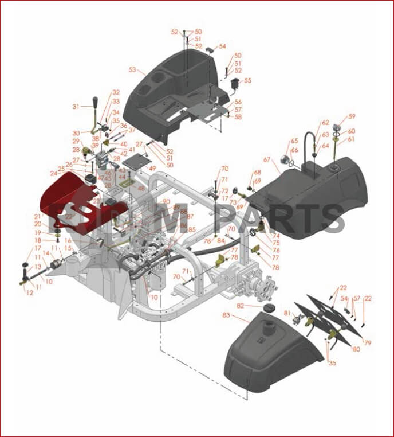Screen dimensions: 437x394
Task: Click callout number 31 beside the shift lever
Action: [76, 107]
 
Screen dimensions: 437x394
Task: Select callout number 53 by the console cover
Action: [132, 70]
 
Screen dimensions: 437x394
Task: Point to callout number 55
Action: [247, 81]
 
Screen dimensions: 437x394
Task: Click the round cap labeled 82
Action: [267, 310]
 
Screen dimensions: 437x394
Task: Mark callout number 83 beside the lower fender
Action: [226, 315]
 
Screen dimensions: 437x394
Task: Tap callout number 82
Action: [241, 306]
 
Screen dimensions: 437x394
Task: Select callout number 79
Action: [368, 343]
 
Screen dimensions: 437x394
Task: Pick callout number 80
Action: [356, 349]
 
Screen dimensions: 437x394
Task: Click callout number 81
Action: [287, 313]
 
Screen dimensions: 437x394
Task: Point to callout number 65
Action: [294, 141]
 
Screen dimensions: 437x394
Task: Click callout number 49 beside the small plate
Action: [152, 169]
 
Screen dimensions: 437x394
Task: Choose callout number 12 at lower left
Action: [30, 292]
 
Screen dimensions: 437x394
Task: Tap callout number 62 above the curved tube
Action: [325, 123]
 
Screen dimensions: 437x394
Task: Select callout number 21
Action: [37, 216]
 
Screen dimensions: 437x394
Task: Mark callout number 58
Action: [238, 116]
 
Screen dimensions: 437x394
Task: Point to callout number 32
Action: [116, 92]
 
